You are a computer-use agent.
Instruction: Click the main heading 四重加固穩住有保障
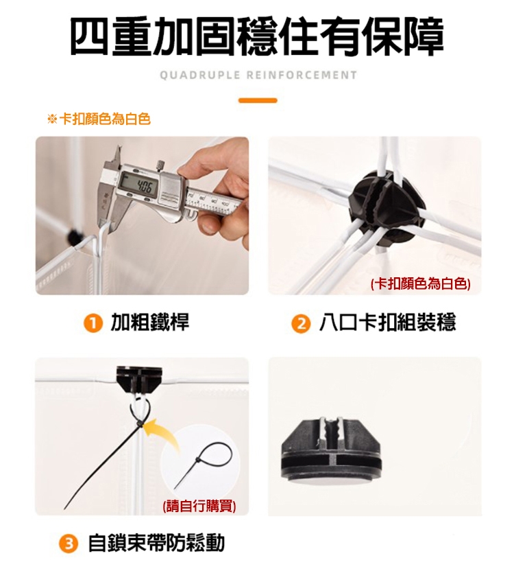(x=257, y=37)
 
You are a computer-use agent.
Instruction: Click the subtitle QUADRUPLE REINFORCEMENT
(x=258, y=75)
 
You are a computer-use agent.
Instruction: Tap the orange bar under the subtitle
(x=258, y=100)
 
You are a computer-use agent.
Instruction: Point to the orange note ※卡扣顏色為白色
(x=99, y=119)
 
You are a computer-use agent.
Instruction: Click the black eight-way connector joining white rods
(x=387, y=210)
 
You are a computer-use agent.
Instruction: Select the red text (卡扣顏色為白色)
(x=421, y=284)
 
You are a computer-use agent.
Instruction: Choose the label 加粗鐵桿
(x=150, y=322)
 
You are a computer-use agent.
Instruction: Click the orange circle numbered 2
(x=301, y=324)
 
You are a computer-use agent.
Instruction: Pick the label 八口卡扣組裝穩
(x=388, y=322)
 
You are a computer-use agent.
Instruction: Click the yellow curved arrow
(x=163, y=434)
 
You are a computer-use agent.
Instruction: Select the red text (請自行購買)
(x=199, y=506)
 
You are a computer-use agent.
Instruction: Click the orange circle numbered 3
(x=69, y=544)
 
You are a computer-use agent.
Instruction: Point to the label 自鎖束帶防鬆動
(x=156, y=543)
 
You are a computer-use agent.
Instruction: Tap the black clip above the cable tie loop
(x=139, y=380)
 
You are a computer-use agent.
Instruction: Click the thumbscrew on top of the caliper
(x=160, y=164)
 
